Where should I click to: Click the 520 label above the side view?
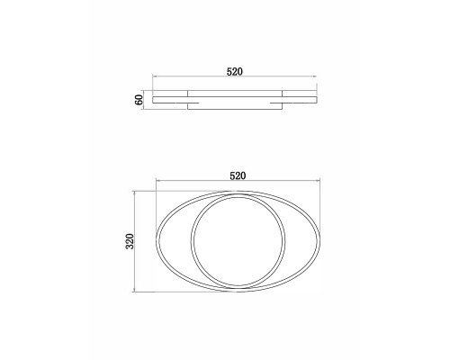point(234,72)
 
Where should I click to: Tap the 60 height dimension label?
point(139,100)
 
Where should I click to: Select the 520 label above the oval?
point(238,175)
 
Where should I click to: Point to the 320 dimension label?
point(130,241)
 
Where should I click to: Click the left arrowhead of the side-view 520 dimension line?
point(154,76)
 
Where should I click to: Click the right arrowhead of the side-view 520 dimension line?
point(315,76)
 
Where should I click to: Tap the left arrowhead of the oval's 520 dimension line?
point(157,181)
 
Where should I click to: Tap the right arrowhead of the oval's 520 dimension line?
point(319,181)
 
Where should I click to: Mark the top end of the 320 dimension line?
point(135,192)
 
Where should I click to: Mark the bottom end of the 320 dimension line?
point(135,291)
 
